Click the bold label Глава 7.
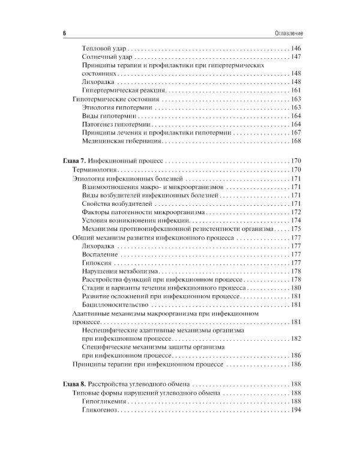pyautogui.click(x=74, y=161)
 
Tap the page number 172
pyautogui.click(x=295, y=212)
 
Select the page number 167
pyautogui.click(x=295, y=132)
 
